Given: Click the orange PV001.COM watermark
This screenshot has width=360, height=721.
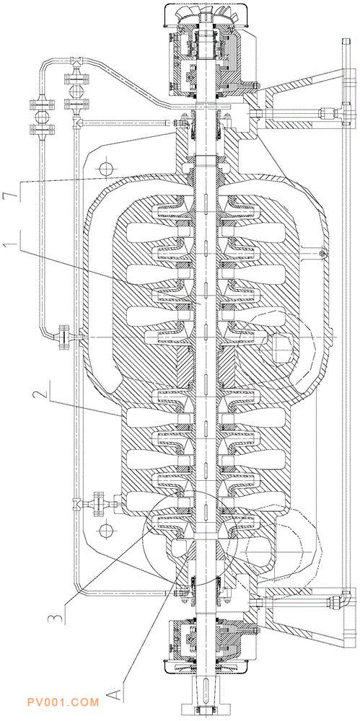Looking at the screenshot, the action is click(63, 702).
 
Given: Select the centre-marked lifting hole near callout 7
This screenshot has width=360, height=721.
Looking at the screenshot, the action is click(105, 168).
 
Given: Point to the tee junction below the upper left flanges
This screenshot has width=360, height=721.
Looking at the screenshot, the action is click(77, 123).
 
